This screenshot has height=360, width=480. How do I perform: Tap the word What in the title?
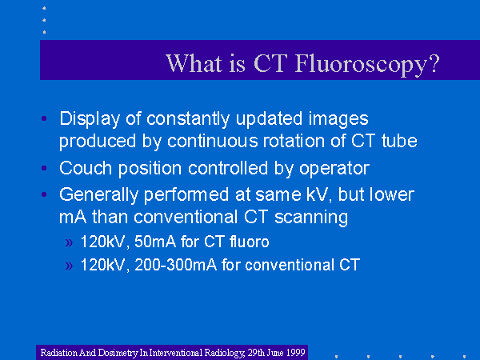click(x=194, y=63)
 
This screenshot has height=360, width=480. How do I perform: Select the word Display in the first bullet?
click(x=90, y=119)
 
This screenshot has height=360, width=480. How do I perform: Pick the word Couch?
click(x=86, y=168)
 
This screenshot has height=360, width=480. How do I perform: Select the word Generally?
click(x=98, y=195)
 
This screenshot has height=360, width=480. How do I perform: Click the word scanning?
click(x=311, y=218)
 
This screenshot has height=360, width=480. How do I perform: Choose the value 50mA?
click(x=155, y=242)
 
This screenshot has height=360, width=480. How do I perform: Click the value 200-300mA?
click(x=175, y=265)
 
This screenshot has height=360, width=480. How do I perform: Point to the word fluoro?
click(x=249, y=242)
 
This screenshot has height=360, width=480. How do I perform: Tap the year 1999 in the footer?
click(x=295, y=353)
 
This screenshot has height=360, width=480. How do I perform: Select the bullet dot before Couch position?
click(x=44, y=168)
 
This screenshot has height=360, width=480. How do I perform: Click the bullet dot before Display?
click(x=44, y=118)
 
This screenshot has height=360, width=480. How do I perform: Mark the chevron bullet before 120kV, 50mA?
click(x=69, y=242)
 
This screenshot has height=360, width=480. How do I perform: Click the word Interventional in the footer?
click(x=176, y=353)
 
